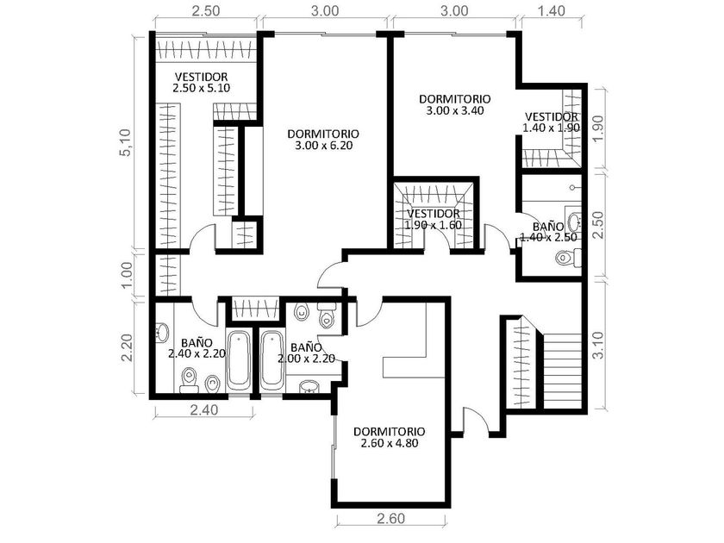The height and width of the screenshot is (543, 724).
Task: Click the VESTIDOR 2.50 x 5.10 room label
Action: pos(202,82)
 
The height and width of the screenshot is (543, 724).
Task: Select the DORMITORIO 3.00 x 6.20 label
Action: pos(323,140)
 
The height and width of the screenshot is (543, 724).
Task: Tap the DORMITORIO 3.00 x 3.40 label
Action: pos(455,104)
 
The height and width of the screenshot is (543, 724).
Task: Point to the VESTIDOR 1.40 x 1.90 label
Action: pos(552,122)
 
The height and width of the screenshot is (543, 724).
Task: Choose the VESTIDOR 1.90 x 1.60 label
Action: pos(433,219)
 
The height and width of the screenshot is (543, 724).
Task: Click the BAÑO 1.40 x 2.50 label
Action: pos(548,232)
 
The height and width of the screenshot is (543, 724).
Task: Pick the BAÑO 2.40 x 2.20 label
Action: pos(197,348)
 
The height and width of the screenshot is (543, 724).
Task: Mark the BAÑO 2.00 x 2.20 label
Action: pos(306,353)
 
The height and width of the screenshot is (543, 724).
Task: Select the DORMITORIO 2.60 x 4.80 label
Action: pos(390,437)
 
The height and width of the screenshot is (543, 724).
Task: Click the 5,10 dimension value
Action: pos(126,143)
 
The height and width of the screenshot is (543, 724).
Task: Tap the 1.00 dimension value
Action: pos(127,274)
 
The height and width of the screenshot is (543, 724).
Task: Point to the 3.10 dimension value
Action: pos(597,345)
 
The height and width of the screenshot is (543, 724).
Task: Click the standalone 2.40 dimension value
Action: pos(204,409)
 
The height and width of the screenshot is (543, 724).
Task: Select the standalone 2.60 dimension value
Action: pos(390,519)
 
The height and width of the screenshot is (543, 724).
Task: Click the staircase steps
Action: pos(561,371)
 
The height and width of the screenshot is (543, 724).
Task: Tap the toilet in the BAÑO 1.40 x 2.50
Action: pos(568,257)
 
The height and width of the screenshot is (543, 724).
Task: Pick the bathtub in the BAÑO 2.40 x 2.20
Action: pos(239,361)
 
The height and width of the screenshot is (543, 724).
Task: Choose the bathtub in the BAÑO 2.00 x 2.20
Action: pos(272,361)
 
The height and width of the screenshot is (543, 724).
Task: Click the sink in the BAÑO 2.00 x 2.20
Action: pos(309,386)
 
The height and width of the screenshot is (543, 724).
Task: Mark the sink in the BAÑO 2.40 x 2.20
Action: pos(162,332)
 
